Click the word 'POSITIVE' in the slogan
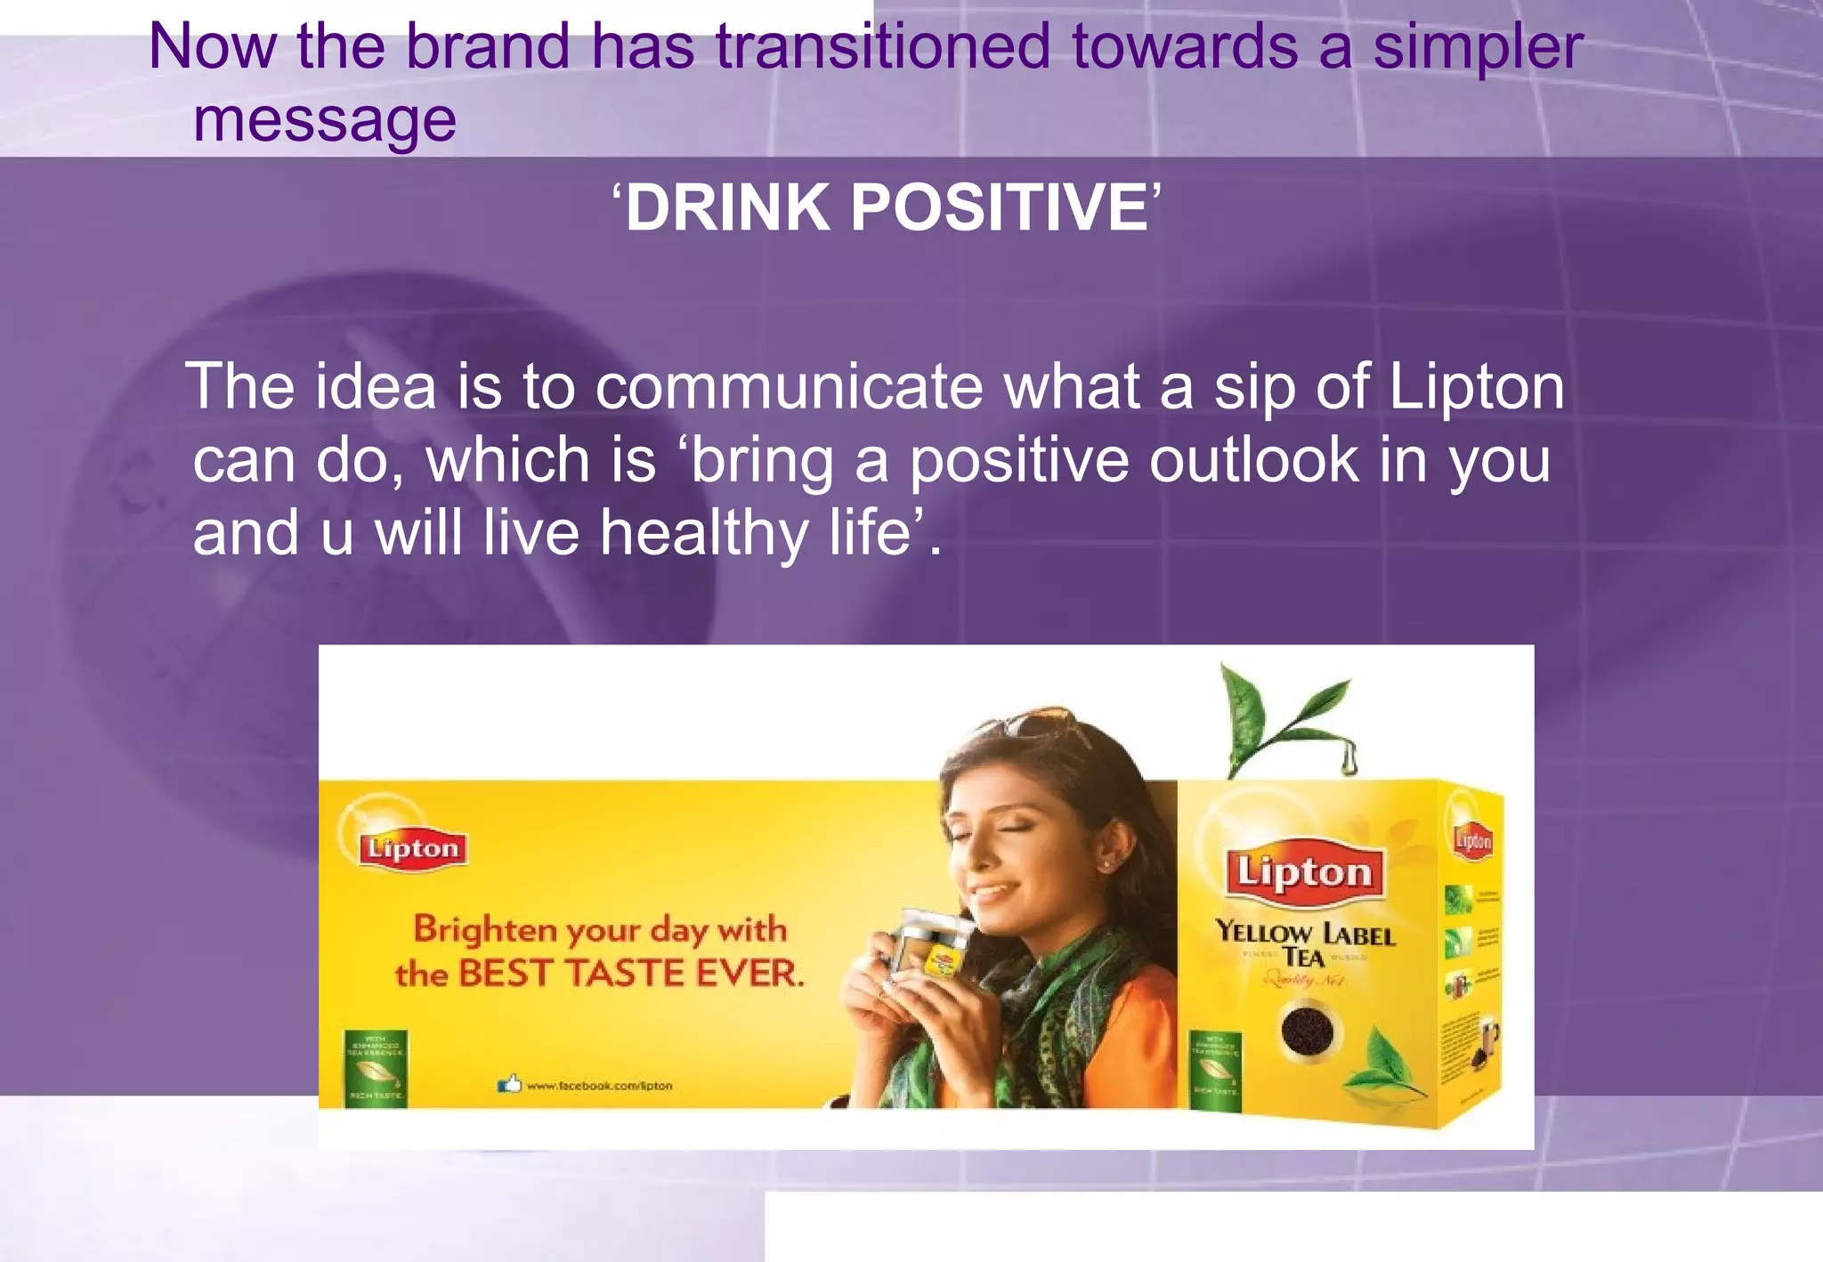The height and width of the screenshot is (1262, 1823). pos(999,207)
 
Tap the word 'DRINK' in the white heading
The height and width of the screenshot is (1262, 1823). pos(727,207)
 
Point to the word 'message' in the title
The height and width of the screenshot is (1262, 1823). pos(325,120)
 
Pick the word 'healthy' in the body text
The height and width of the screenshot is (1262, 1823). pos(703,533)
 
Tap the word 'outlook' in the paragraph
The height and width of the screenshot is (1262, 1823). pos(1254,460)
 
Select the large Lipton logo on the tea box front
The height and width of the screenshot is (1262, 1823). pos(1304,871)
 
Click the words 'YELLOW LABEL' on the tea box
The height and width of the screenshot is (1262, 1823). pos(1305,933)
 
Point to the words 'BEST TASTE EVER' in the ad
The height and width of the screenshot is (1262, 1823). pos(630,973)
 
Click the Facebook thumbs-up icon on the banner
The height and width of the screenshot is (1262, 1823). pos(509,1084)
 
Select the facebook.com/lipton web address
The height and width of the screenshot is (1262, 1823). pos(599,1086)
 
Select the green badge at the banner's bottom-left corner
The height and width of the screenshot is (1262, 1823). pos(376,1067)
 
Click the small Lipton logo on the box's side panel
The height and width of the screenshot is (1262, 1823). pos(1472,839)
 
